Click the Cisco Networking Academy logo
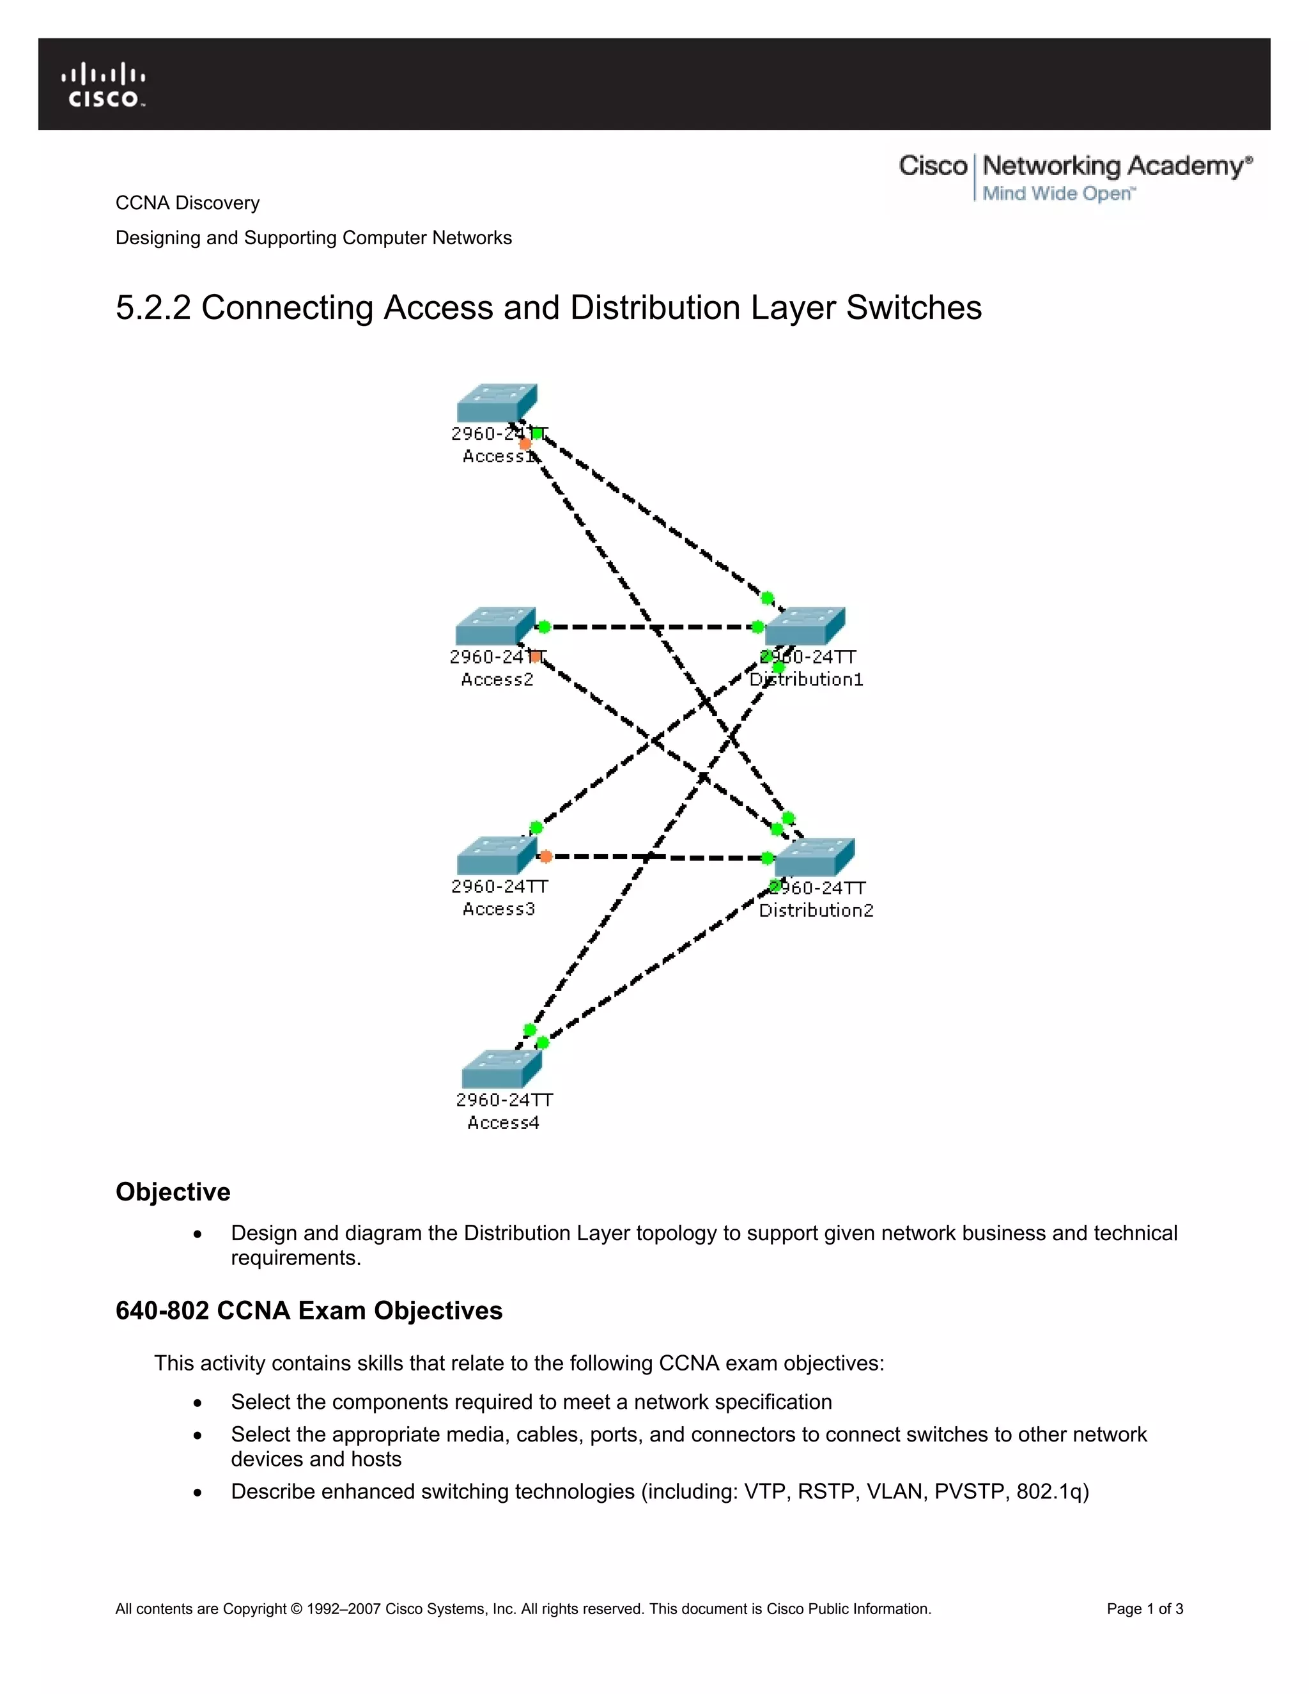click(1075, 177)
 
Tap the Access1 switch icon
click(496, 403)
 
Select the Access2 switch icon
click(495, 626)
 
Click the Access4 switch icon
click(501, 1069)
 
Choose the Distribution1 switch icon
click(805, 626)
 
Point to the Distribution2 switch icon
click(814, 857)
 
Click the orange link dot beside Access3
click(545, 857)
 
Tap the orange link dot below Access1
click(525, 444)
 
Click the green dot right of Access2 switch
click(544, 626)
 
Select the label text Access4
click(502, 1123)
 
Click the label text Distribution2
click(816, 910)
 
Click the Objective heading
click(173, 1192)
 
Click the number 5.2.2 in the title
click(153, 308)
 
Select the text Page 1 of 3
click(1145, 1609)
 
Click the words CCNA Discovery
click(188, 203)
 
